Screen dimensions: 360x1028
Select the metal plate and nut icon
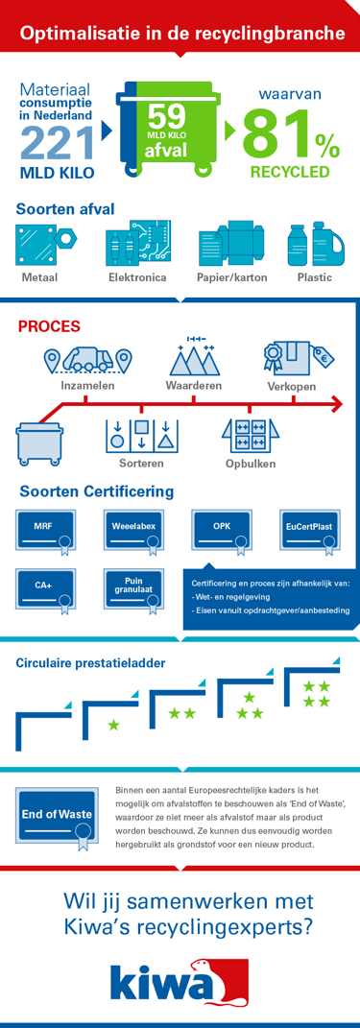(44, 245)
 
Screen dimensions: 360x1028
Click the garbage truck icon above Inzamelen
(87, 360)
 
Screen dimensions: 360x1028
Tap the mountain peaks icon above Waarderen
(194, 357)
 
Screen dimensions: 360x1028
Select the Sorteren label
(141, 464)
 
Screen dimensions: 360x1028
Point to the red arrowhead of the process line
(335, 402)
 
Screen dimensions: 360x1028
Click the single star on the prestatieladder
(113, 725)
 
